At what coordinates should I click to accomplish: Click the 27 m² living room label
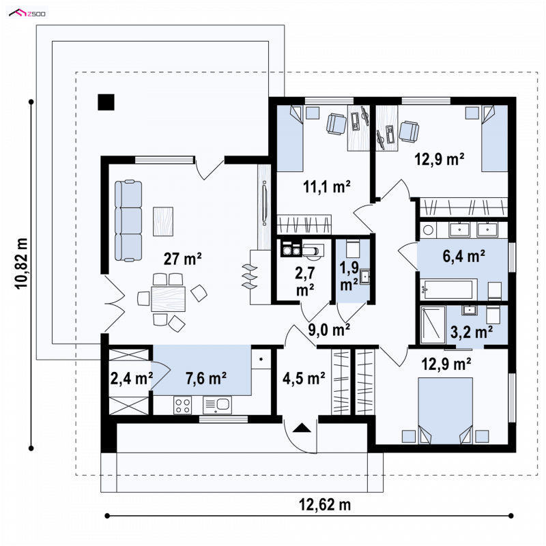[182, 259]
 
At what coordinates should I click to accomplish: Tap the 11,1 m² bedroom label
[327, 187]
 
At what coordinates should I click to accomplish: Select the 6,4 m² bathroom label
[464, 257]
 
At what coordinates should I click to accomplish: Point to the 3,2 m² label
[472, 332]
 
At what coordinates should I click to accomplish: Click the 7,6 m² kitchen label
[206, 379]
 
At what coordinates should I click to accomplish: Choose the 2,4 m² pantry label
[131, 379]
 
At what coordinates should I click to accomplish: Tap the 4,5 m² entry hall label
[304, 379]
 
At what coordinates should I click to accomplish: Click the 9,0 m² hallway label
[329, 330]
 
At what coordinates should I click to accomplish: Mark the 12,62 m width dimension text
[325, 504]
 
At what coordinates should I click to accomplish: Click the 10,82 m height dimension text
[21, 263]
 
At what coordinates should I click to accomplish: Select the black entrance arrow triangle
[302, 428]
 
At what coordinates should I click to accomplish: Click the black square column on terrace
[106, 102]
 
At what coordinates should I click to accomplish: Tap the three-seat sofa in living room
[128, 220]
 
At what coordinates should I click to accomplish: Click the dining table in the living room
[168, 299]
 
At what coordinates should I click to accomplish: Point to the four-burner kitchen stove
[183, 405]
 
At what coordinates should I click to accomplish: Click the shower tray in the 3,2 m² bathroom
[433, 325]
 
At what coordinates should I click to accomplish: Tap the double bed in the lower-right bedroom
[446, 411]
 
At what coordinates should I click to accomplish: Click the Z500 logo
[27, 14]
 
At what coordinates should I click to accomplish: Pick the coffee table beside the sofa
[163, 221]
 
